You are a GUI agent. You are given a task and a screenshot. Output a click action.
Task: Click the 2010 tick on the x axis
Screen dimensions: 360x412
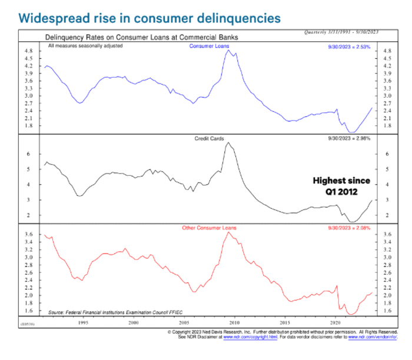tap(235, 323)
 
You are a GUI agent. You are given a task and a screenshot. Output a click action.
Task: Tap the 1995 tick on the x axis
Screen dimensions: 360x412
tap(83, 323)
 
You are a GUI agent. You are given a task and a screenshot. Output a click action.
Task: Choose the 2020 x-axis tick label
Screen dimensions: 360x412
tap(336, 323)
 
